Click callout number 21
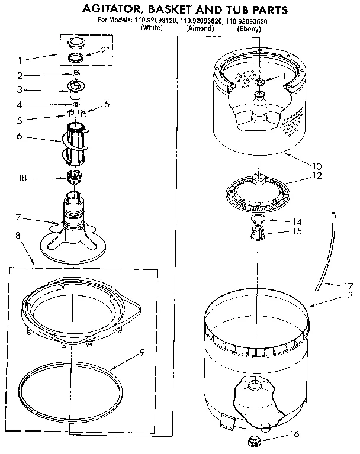click(x=105, y=51)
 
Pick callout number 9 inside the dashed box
click(x=142, y=353)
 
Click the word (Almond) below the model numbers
click(x=200, y=28)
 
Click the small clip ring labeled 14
click(x=256, y=221)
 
